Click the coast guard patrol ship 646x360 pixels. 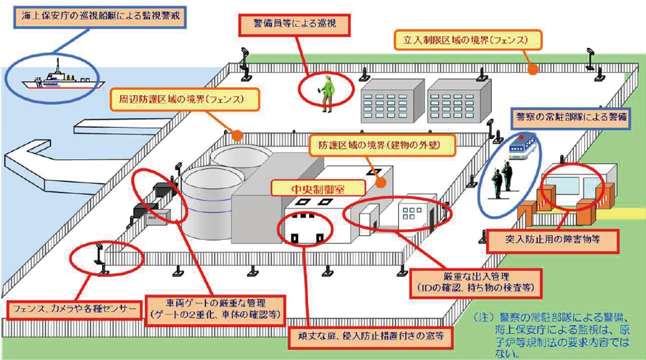[61, 78]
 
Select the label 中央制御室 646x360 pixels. [318, 189]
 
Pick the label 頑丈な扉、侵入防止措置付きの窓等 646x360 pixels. [369, 336]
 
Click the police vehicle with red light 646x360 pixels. [522, 146]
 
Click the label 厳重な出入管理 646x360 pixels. [476, 283]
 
